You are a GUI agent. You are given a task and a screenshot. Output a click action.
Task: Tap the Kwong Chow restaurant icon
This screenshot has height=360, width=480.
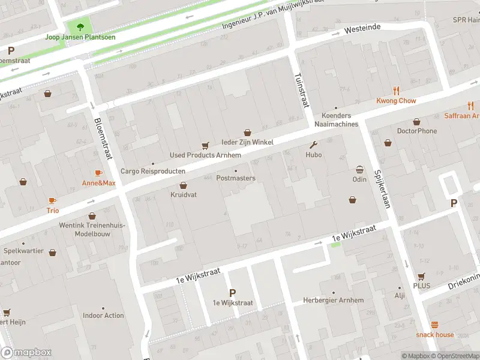[x=396, y=91]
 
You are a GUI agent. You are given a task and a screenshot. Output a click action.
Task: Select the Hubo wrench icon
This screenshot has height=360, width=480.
[x=313, y=145]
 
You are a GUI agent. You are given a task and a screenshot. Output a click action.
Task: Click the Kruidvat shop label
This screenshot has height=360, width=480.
[x=184, y=195]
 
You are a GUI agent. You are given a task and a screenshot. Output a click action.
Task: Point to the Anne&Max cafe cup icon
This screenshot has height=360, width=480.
[x=99, y=173]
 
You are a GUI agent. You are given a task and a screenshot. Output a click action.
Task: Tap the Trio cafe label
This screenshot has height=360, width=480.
[x=53, y=211]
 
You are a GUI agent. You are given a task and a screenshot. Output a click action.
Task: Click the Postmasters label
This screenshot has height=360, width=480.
[x=236, y=178]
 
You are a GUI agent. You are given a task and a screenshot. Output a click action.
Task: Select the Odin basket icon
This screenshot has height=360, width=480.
[x=359, y=169]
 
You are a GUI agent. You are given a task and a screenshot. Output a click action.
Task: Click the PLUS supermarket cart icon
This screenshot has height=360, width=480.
[x=421, y=276]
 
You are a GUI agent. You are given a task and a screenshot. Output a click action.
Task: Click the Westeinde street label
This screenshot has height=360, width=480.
[x=362, y=28]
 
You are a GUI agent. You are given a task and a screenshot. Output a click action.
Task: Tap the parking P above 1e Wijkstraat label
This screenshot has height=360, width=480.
[x=232, y=293]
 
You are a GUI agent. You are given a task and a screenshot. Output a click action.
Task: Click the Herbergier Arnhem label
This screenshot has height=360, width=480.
[x=333, y=300]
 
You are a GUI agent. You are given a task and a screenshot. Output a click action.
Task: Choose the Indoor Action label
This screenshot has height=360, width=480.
[x=103, y=315]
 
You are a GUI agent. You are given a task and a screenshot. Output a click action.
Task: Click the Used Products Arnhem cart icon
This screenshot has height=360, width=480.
[x=205, y=145]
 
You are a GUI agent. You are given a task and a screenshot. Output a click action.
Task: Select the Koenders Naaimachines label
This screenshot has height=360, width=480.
[x=340, y=120]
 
